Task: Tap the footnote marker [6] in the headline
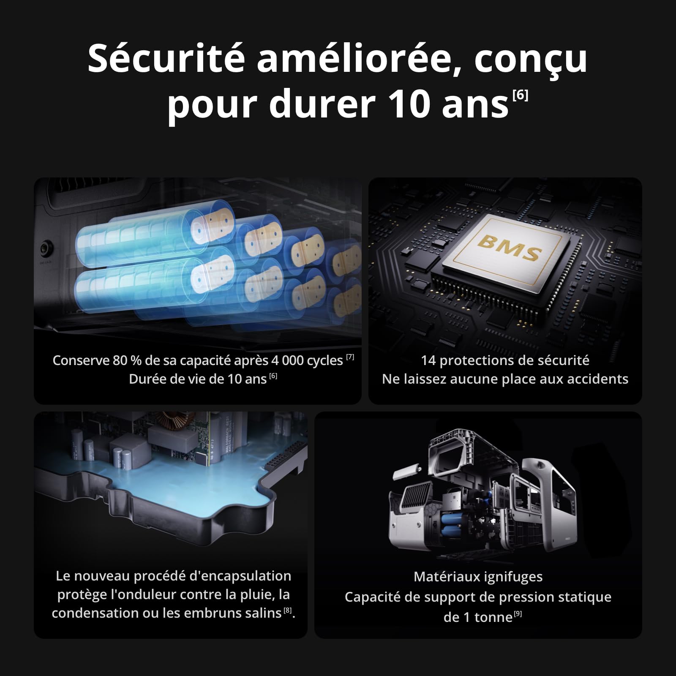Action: pyautogui.click(x=520, y=95)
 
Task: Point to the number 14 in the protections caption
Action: pyautogui.click(x=428, y=360)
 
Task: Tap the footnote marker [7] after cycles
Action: pyautogui.click(x=350, y=357)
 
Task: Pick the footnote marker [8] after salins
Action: pyautogui.click(x=288, y=610)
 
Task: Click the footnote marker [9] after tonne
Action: pyautogui.click(x=518, y=614)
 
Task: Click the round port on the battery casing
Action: pyautogui.click(x=46, y=248)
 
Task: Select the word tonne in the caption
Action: pyautogui.click(x=493, y=618)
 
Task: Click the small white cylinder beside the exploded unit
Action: pyautogui.click(x=406, y=472)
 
